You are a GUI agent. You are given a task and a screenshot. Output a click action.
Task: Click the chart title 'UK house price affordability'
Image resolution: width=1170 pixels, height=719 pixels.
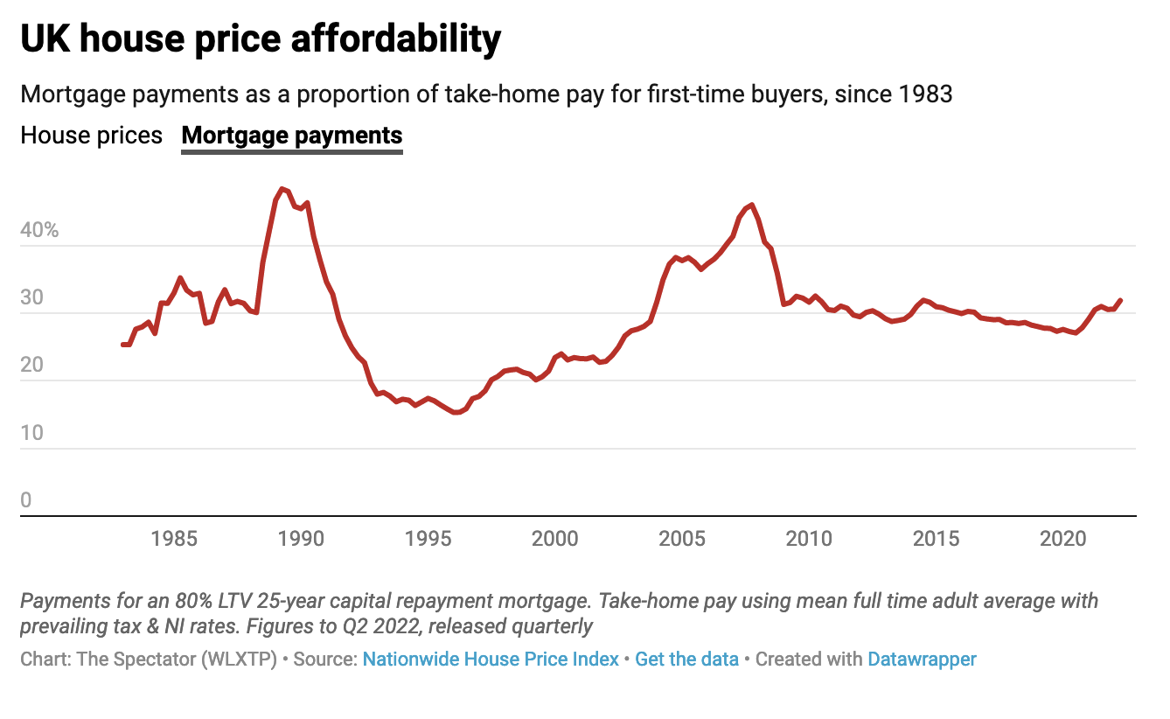tap(261, 39)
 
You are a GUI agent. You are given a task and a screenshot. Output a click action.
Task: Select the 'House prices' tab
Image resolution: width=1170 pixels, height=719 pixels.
tap(92, 136)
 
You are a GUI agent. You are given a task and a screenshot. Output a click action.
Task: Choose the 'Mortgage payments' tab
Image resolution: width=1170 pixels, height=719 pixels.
tap(291, 136)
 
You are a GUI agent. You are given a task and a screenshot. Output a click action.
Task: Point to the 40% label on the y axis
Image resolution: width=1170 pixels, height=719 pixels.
tap(39, 231)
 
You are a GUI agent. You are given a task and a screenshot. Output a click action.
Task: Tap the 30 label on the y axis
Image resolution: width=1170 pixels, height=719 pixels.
tap(32, 298)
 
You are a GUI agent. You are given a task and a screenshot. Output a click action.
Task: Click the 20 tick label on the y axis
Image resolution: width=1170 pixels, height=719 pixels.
tap(32, 366)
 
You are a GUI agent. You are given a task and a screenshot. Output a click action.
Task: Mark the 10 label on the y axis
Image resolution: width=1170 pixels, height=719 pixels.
tap(32, 434)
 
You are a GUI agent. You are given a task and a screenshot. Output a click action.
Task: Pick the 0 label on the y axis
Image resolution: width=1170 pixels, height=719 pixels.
tap(26, 500)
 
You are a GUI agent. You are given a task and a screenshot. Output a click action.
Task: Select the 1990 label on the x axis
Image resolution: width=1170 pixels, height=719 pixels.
tap(300, 538)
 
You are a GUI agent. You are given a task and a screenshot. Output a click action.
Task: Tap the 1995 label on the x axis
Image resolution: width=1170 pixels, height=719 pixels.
tap(427, 538)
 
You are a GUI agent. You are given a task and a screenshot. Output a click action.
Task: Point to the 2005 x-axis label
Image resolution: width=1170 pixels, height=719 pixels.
tap(681, 538)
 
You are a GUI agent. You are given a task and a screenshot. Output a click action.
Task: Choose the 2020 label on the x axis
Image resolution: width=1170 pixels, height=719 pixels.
tap(1062, 538)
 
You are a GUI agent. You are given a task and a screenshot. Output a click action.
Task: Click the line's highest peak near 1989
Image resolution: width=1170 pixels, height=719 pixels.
tap(281, 189)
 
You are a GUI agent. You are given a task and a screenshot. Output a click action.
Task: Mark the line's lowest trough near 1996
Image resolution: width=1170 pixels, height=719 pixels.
tap(456, 412)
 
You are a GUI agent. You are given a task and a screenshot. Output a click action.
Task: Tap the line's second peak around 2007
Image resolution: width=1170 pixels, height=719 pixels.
tap(752, 206)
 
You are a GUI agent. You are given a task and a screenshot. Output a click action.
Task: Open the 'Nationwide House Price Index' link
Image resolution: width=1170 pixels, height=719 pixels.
tap(491, 659)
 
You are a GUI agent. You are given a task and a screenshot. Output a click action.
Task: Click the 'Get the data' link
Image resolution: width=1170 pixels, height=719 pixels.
tap(686, 659)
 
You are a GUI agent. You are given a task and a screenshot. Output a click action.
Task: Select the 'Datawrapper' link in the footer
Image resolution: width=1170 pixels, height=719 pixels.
tap(922, 659)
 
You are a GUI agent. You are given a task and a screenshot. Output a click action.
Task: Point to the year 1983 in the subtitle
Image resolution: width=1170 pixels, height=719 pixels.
tap(924, 94)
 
